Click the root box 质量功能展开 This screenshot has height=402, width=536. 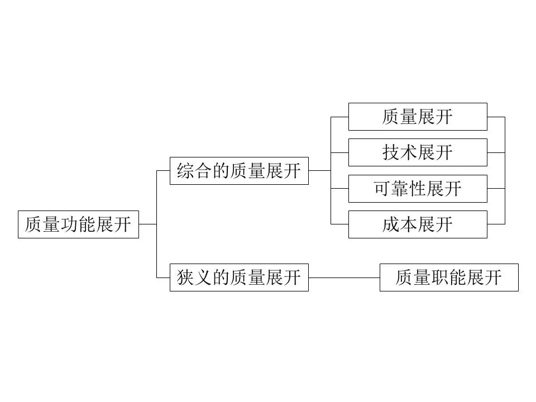pos(78,224)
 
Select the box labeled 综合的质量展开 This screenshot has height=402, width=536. pos(240,171)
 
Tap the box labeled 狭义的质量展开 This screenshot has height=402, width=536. pos(240,277)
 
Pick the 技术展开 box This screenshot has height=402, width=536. pos(418,152)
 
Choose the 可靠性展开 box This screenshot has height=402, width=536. pos(418,188)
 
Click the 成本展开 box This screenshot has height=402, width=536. pos(418,224)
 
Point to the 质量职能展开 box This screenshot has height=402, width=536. pos(449,277)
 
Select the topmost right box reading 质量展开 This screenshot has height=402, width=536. pos(418,117)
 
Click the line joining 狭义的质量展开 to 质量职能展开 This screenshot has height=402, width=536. pos(344,277)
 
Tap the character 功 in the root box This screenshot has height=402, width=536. pos(69,224)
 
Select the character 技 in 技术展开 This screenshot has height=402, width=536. pos(391,152)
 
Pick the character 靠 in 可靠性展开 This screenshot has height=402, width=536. pos(400,188)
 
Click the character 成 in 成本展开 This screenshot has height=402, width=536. pos(391,224)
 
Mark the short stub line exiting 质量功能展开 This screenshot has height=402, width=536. pos(147,224)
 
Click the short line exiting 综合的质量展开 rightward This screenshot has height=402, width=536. pos(319,171)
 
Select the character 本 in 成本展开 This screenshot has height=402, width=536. pos(409,224)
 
